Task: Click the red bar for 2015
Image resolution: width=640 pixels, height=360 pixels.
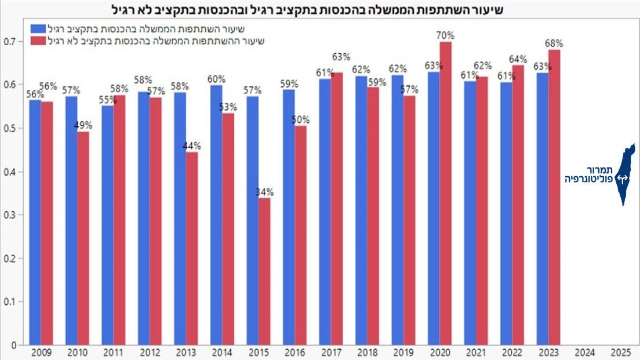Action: click(264, 271)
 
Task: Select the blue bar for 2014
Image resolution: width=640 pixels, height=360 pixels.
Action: click(216, 215)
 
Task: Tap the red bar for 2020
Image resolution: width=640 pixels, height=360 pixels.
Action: click(445, 193)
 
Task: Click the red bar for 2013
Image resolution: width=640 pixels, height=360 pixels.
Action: click(191, 248)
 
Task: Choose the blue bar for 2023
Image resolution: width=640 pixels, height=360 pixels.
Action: click(542, 209)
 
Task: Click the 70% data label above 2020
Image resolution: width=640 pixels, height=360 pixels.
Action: click(445, 35)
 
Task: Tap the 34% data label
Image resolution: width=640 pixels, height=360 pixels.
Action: click(264, 192)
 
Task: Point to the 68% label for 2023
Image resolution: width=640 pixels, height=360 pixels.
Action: click(553, 43)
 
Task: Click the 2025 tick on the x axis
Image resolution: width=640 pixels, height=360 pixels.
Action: click(621, 352)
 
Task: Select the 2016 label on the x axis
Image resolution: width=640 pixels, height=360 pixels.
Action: click(294, 352)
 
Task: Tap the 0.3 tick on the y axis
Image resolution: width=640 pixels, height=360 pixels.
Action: click(9, 215)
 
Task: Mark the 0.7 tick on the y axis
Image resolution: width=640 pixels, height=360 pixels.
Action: click(9, 42)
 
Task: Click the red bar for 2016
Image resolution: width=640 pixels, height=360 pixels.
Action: click(300, 235)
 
